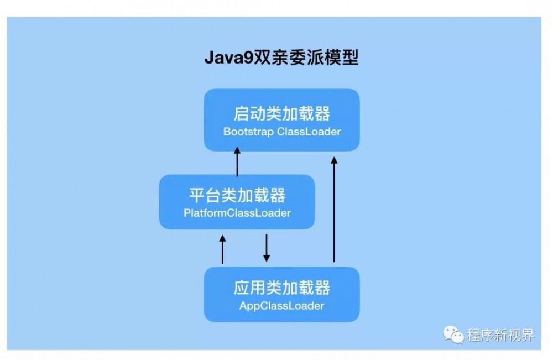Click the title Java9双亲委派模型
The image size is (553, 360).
pos(281,58)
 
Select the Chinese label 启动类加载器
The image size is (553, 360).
pos(281,114)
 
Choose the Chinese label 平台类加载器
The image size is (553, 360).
pos(237,195)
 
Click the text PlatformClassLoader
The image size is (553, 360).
pos(237,213)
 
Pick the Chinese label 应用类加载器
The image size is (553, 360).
pos(281,288)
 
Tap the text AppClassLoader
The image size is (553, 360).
pos(281,305)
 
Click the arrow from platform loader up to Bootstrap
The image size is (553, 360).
pos(237,162)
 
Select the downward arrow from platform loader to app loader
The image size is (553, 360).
pos(266,248)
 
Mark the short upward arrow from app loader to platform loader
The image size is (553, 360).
pos(223,249)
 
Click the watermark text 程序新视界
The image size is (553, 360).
pos(500,335)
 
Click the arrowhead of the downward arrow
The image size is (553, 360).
pos(266,258)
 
